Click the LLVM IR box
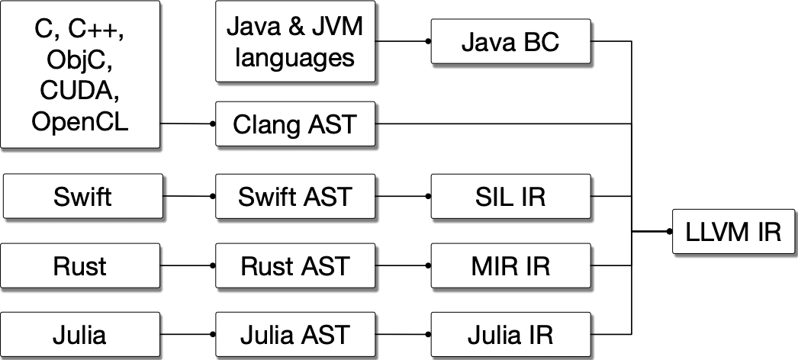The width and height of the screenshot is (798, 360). [x=733, y=231]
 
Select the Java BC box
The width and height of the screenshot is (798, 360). [x=510, y=42]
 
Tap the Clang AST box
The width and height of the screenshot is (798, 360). [x=295, y=124]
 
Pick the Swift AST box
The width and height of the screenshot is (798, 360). [x=295, y=196]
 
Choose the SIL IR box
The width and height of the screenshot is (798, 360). [x=510, y=196]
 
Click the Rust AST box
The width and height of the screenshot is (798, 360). [x=295, y=265]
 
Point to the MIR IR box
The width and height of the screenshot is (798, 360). [x=510, y=265]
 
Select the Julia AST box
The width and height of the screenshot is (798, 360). [x=295, y=335]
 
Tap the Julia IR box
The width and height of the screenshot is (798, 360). [x=510, y=335]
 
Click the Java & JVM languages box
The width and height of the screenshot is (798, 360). [x=295, y=41]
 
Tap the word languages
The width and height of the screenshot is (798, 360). [x=295, y=57]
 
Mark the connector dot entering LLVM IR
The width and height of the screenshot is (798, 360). [x=669, y=231]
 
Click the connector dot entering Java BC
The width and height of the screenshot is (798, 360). [x=428, y=41]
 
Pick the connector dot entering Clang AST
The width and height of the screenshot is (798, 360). [x=213, y=124]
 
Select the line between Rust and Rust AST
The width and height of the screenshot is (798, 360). [x=186, y=265]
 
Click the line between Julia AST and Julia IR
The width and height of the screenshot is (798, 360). [x=401, y=335]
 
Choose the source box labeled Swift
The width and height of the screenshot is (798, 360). [x=83, y=196]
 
